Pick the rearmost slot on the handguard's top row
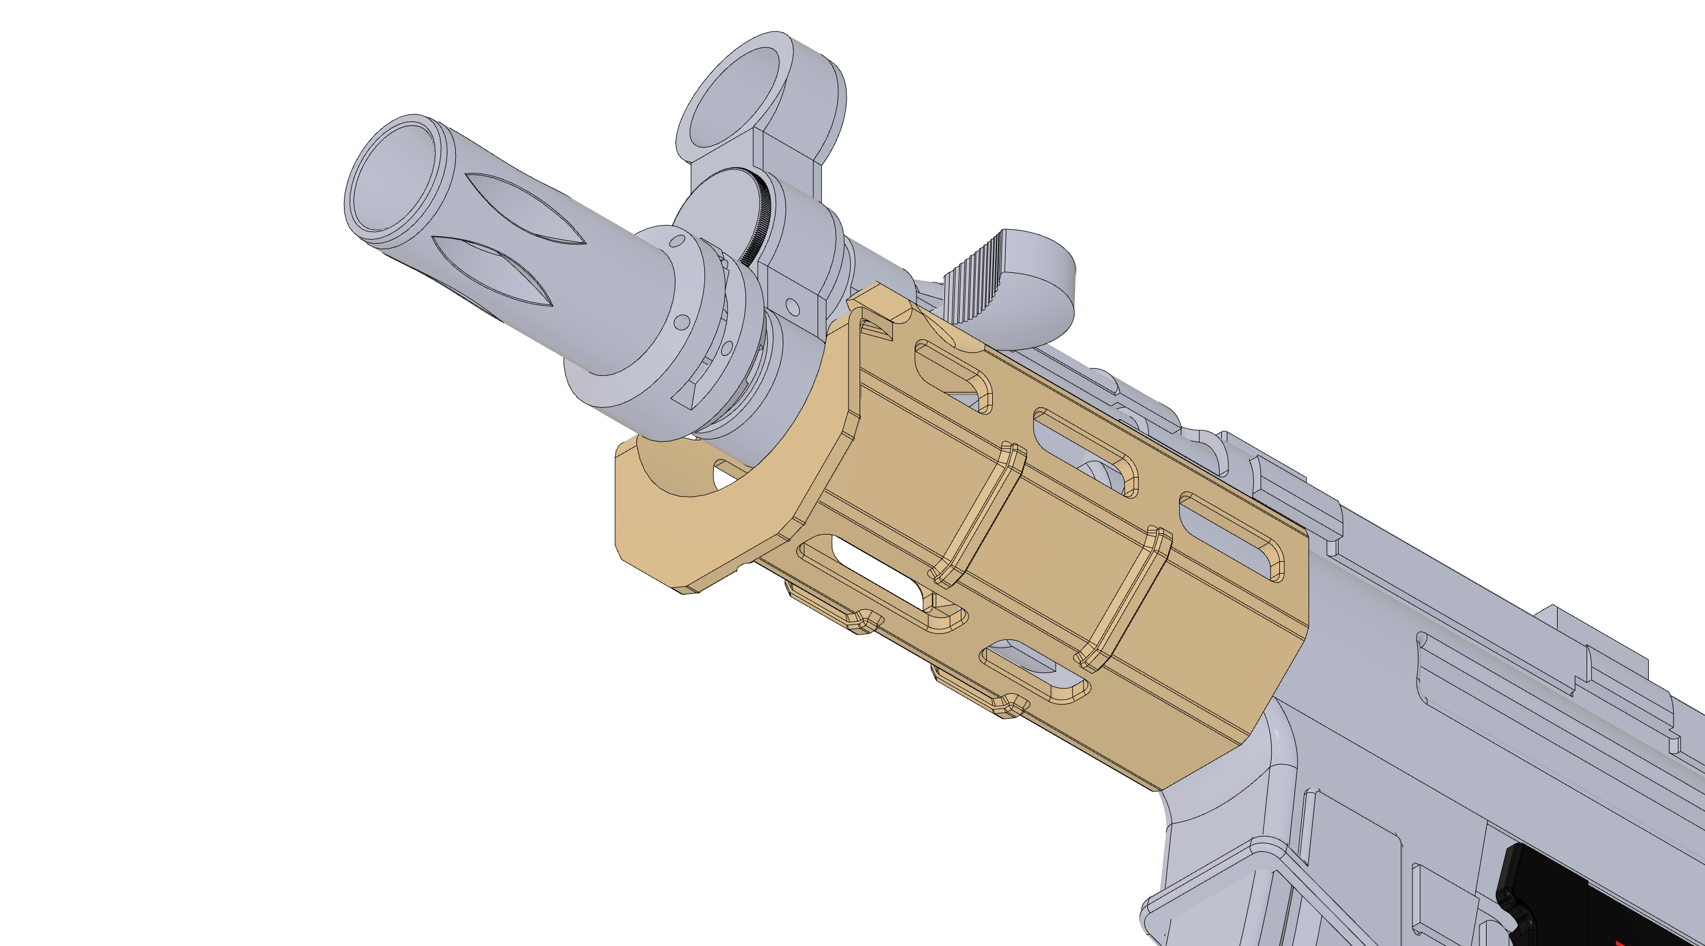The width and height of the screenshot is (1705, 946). click(x=1231, y=536)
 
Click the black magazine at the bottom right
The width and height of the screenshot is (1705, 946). click(x=1602, y=900)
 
